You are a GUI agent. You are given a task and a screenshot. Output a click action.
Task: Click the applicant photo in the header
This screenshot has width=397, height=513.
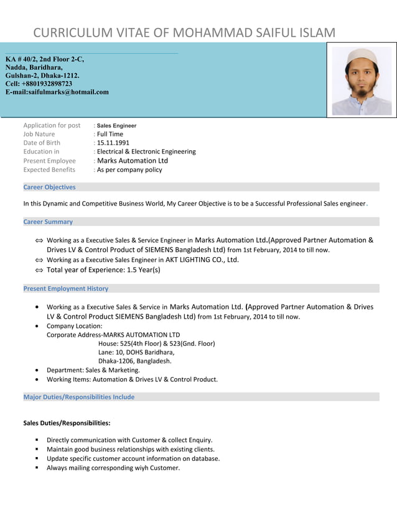[362, 81]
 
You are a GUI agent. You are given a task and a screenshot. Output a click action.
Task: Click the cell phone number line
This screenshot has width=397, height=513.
[39, 84]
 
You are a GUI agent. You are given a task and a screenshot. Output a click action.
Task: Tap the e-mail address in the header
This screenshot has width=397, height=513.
[57, 92]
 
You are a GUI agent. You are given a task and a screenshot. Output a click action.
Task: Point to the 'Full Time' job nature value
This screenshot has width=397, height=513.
[110, 134]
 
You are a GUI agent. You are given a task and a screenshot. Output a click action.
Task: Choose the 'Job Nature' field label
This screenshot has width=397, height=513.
[39, 134]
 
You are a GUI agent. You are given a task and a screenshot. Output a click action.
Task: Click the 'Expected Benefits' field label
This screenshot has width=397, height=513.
[49, 170]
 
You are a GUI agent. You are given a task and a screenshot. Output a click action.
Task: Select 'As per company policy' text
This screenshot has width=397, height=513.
[129, 170]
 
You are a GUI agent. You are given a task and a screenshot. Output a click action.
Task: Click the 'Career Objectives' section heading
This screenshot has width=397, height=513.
[49, 187]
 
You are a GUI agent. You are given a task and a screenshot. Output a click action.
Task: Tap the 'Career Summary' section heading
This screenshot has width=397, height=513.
[48, 222]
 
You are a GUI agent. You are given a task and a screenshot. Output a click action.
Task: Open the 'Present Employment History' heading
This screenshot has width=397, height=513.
[65, 288]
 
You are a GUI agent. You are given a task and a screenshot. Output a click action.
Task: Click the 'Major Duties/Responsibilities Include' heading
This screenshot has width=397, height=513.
[78, 397]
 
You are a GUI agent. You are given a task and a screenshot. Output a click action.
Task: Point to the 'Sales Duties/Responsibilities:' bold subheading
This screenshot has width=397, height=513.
[67, 423]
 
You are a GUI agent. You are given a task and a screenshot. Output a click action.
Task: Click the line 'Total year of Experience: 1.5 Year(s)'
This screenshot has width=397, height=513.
[103, 270]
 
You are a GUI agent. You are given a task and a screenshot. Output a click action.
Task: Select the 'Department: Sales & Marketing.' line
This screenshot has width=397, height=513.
[93, 370]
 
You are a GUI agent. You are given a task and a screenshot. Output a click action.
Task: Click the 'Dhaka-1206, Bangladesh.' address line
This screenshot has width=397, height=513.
[135, 361]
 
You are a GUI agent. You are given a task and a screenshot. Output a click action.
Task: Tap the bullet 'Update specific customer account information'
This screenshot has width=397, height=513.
[133, 458]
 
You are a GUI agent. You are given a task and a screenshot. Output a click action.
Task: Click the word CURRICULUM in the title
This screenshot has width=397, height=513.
[72, 33]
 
